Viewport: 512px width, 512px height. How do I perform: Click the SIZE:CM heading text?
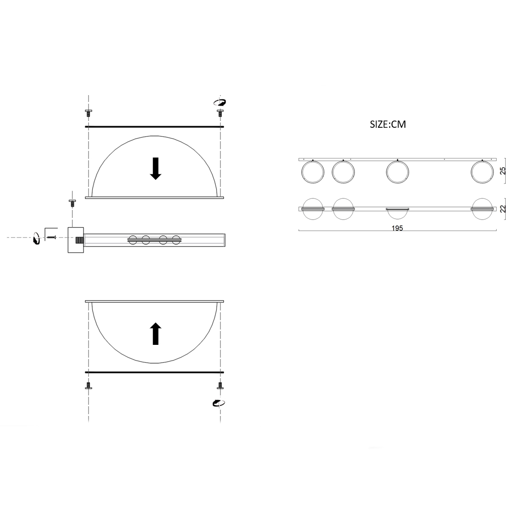(x=388, y=124)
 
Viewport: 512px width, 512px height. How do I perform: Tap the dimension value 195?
(x=397, y=228)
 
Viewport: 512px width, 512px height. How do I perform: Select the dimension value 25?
(x=503, y=171)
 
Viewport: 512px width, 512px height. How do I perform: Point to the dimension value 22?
(x=503, y=208)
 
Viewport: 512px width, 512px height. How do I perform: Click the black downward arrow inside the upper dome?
(x=156, y=169)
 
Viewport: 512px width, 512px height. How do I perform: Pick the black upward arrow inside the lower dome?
(x=156, y=334)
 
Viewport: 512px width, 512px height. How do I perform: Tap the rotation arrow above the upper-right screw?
(x=220, y=102)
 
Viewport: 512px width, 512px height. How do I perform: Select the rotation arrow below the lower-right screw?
(x=219, y=403)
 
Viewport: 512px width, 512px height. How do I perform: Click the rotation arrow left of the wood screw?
(x=36, y=238)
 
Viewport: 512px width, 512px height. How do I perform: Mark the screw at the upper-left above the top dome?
(x=88, y=113)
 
